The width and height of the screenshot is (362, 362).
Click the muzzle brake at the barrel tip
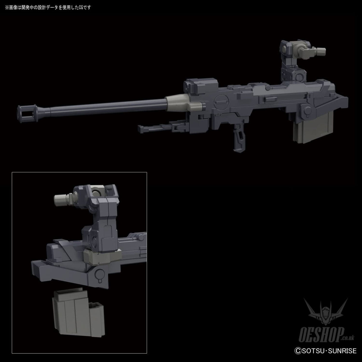pyautogui.click(x=28, y=113)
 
